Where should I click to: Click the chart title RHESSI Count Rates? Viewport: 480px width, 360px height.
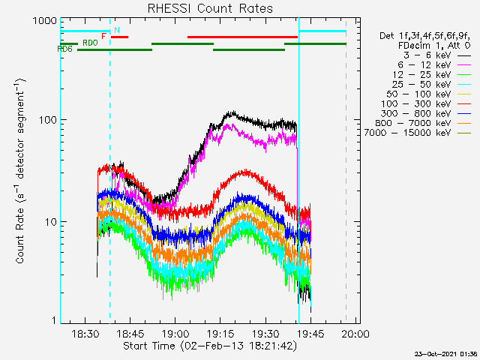(x=210, y=8)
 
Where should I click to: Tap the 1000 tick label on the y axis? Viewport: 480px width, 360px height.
(x=45, y=21)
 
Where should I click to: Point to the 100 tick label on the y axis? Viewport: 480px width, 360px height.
(x=48, y=120)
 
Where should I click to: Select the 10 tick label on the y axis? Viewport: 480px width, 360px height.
(x=51, y=222)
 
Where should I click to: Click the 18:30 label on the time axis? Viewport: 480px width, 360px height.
(x=85, y=333)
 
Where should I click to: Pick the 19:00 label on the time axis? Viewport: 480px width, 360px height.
(x=175, y=333)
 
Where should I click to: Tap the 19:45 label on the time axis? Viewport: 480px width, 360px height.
(x=310, y=333)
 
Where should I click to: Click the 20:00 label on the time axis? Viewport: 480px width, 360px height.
(x=355, y=333)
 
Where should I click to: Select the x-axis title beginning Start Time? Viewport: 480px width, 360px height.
(x=210, y=346)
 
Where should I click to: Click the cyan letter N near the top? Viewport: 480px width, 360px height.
(x=117, y=30)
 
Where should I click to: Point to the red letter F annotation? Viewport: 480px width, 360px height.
(x=103, y=37)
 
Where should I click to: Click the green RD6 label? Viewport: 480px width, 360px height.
(x=64, y=49)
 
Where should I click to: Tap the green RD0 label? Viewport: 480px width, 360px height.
(x=90, y=43)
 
